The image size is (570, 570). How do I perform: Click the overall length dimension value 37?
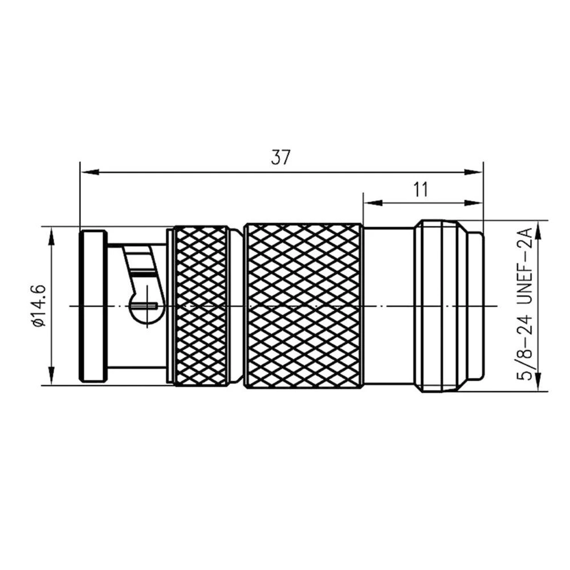point(280,157)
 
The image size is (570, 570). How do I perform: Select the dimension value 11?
point(421,189)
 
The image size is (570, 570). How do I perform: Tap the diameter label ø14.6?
point(39,306)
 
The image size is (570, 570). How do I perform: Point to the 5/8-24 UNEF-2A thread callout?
point(526,305)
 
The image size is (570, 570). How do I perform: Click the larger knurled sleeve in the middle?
point(303,306)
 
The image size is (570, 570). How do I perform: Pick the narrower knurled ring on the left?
point(201,306)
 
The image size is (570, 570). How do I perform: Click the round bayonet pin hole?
point(142,306)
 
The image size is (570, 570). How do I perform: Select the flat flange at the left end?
point(92,306)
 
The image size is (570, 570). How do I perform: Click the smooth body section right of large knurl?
point(389,306)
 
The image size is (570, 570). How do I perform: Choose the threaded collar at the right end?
point(439,306)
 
